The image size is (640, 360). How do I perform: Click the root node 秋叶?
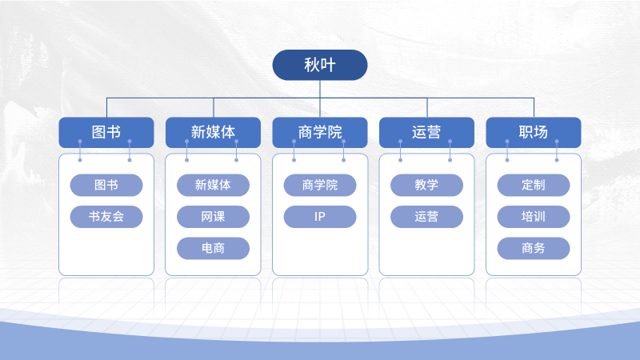click(x=320, y=65)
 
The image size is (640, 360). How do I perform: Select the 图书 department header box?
click(x=106, y=132)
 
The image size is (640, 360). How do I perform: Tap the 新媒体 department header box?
click(x=213, y=132)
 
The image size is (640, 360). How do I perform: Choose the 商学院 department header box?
click(x=320, y=132)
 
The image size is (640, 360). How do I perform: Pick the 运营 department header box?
click(x=426, y=132)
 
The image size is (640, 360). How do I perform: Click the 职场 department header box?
click(x=534, y=132)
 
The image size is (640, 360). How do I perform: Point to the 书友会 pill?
click(x=106, y=216)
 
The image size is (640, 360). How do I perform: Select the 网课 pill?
click(x=213, y=216)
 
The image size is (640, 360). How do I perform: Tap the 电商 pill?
click(x=213, y=248)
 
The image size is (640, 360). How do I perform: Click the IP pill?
click(x=320, y=216)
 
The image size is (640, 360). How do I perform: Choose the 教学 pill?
click(x=426, y=185)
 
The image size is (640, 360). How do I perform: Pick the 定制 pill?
click(x=534, y=185)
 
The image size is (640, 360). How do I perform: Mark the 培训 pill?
click(x=534, y=216)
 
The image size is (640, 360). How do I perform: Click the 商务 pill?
click(x=534, y=248)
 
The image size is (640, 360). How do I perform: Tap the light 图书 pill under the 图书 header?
click(x=106, y=185)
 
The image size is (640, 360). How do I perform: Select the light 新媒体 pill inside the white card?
click(x=213, y=185)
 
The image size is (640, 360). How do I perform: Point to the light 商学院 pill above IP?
click(x=320, y=185)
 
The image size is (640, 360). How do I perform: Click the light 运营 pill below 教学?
click(x=426, y=216)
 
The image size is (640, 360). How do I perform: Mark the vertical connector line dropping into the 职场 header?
click(x=534, y=108)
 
